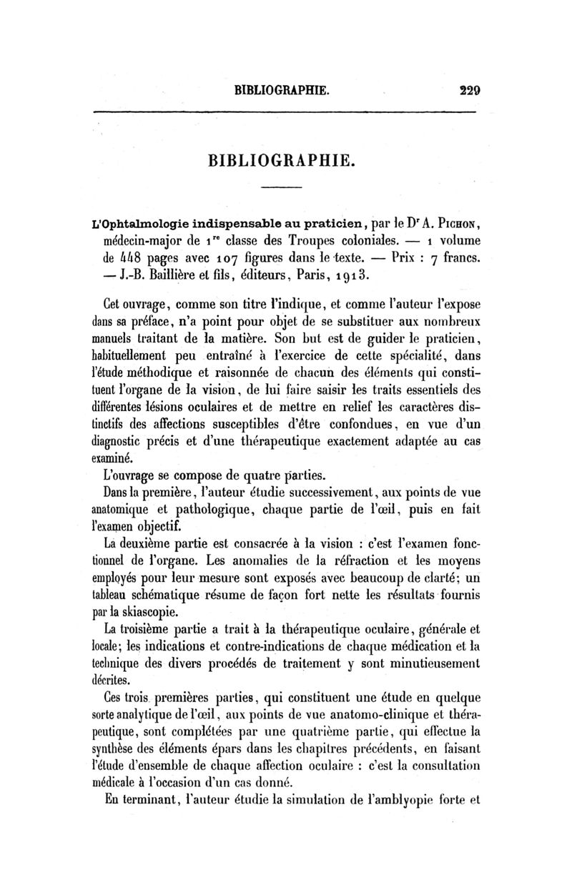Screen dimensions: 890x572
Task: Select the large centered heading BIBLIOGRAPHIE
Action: coord(281,157)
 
